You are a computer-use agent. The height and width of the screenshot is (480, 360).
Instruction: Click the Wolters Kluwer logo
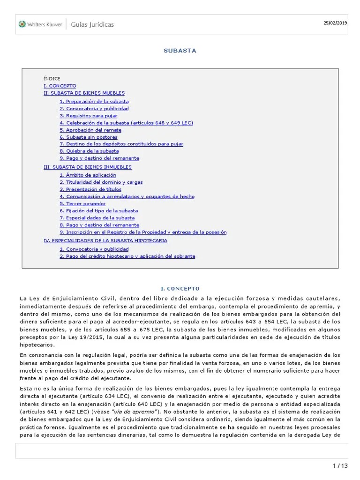[40, 24]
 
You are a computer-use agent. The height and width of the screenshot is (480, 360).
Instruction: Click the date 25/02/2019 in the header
[335, 23]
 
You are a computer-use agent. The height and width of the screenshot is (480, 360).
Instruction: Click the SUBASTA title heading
[180, 51]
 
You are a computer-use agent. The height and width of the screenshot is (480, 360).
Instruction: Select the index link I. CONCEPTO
[60, 86]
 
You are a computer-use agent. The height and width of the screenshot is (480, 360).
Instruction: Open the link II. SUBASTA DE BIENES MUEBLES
[84, 93]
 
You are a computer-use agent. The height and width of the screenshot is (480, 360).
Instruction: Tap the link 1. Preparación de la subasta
[94, 101]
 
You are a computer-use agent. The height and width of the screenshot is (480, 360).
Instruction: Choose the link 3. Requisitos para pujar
[88, 116]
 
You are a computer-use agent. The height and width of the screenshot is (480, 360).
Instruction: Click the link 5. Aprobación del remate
[90, 130]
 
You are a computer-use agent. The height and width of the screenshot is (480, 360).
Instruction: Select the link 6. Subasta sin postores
[88, 137]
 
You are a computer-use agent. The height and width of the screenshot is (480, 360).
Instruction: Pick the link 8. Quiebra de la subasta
[89, 151]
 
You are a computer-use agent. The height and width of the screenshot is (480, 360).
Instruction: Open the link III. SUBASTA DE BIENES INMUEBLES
[87, 167]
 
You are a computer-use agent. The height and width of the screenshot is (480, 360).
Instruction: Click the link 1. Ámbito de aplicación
[88, 175]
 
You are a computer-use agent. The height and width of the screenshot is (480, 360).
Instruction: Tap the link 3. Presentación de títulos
[90, 189]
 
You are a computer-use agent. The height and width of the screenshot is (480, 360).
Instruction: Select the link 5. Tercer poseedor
[82, 203]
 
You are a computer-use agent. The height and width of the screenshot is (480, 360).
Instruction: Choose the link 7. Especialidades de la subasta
[97, 217]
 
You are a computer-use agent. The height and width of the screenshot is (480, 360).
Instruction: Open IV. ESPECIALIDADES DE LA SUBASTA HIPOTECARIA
[105, 240]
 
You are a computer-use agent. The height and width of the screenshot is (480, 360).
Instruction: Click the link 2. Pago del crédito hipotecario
[127, 256]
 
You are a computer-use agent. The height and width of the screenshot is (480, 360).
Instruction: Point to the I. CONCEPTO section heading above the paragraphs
[180, 288]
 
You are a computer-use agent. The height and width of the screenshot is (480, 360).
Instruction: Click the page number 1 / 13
[340, 465]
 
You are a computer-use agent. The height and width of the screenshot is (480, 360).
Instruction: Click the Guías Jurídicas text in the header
[92, 24]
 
